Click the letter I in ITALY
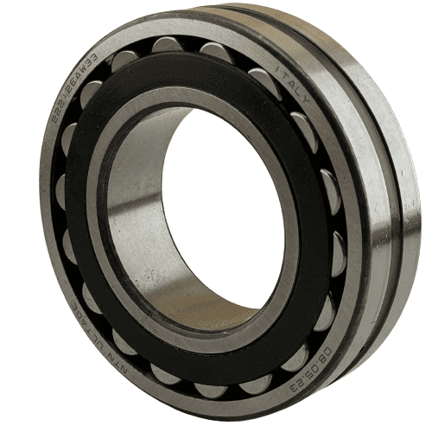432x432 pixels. [278, 68]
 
